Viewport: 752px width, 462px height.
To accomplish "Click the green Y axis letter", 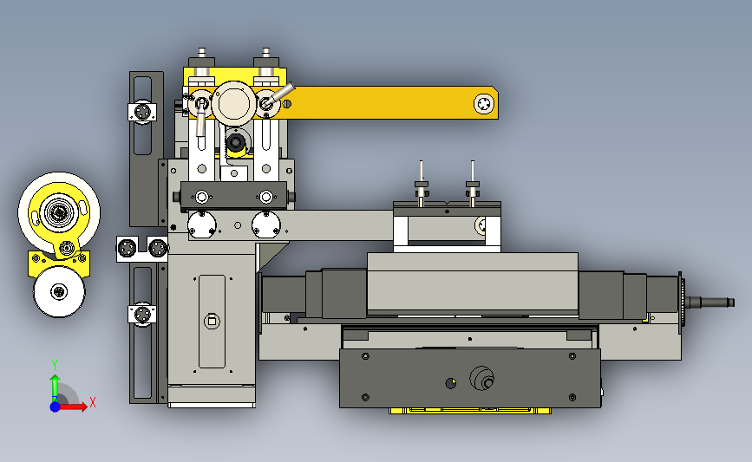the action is point(55,365).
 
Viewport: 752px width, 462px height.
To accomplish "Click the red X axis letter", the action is point(93,402).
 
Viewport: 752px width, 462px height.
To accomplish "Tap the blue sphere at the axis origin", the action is point(55,407).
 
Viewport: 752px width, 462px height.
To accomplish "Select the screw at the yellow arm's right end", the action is point(483,103).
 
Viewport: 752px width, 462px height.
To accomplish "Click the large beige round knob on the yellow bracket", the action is point(233,103).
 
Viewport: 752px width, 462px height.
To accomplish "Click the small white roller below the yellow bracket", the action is point(59,291).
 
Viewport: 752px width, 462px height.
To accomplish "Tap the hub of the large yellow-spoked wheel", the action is point(59,211).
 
